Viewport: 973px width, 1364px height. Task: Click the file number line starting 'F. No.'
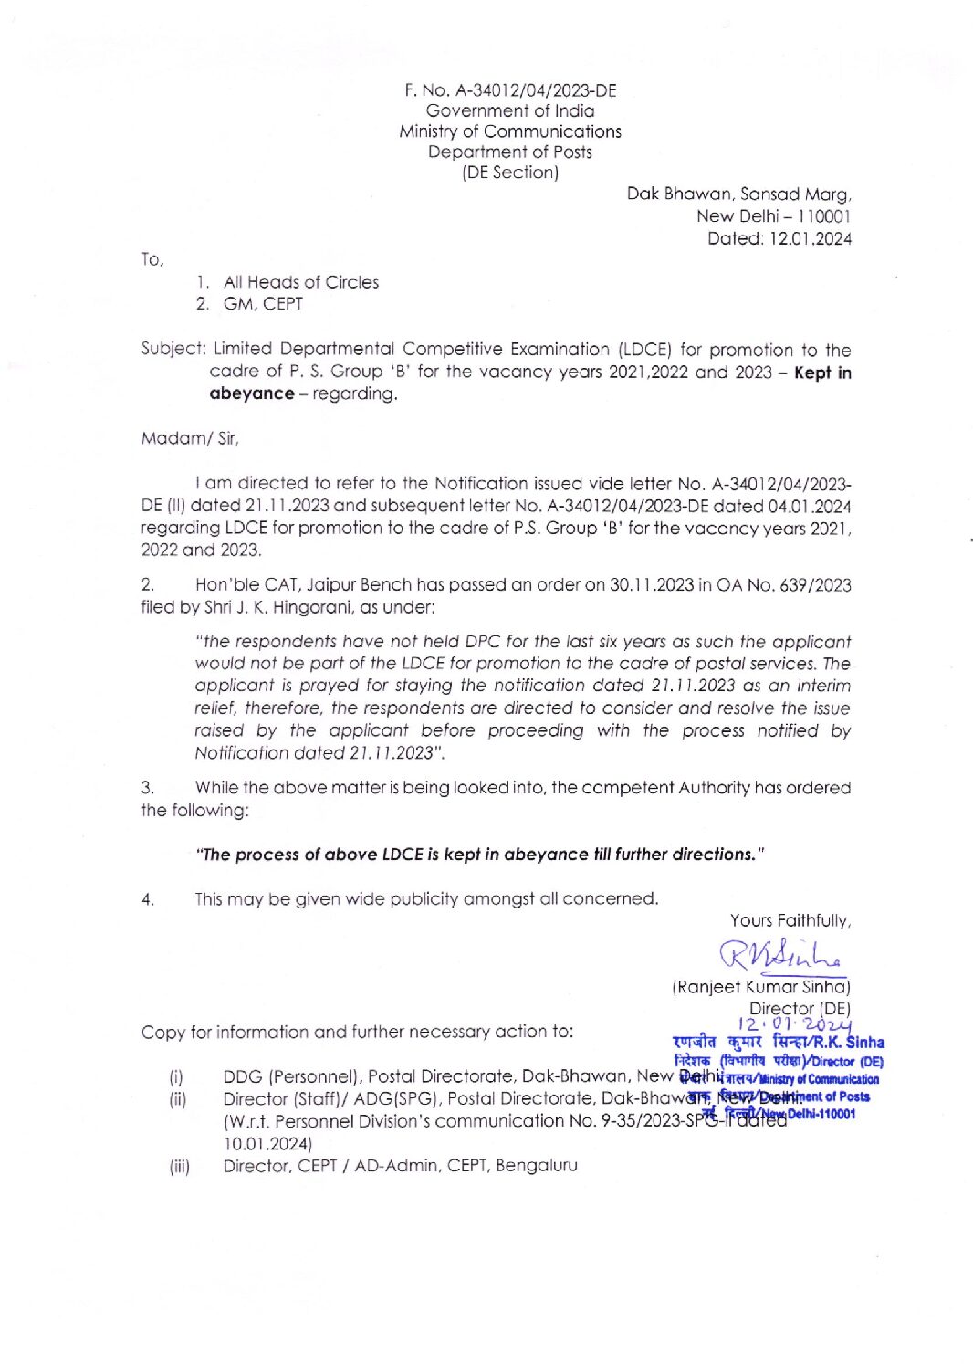[x=510, y=90]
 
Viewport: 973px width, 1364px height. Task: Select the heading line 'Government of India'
[x=509, y=110]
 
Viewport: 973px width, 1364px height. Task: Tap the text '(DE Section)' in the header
[x=509, y=172]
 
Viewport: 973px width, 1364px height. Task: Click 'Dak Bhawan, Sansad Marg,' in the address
[x=738, y=194]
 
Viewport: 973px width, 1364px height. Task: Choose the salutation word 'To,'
[x=152, y=259]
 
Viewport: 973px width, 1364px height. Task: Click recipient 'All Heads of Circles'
[x=300, y=282]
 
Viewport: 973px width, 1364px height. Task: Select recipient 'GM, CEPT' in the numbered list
[x=263, y=304]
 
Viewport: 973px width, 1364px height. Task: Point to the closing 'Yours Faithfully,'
[x=790, y=920]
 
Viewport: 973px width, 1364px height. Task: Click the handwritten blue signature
[x=779, y=955]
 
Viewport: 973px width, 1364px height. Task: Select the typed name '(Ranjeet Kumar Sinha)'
[x=760, y=986]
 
